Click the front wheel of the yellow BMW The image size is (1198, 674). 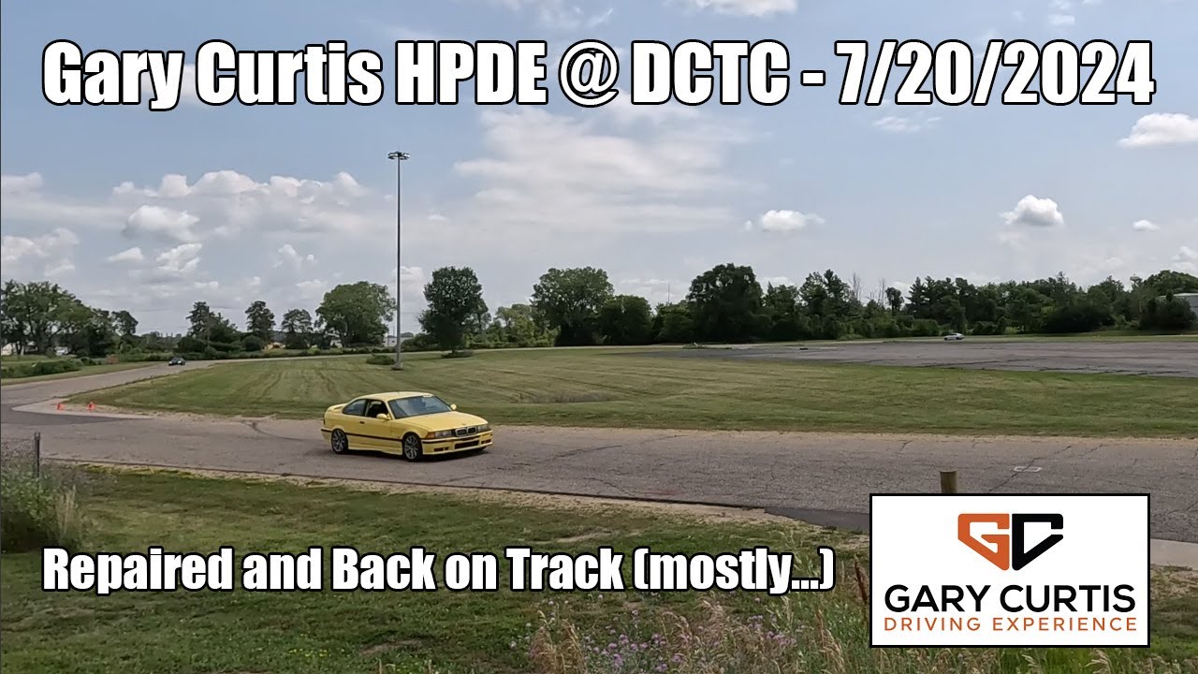coord(412,447)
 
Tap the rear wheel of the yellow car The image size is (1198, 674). coord(339,441)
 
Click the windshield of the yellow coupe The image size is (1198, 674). coord(420,406)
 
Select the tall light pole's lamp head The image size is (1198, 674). coord(398,155)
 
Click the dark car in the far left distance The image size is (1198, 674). coord(176,360)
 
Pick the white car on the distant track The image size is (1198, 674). coord(953,336)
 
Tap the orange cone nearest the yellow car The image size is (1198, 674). coord(91,406)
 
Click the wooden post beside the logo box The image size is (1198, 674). coord(948,482)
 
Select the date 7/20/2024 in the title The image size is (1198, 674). coord(995,74)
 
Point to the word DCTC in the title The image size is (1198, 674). coord(709,74)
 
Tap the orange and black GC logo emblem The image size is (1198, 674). coord(1010,541)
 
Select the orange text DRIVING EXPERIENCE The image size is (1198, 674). coord(1010,623)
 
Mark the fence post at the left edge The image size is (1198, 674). coord(37,454)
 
